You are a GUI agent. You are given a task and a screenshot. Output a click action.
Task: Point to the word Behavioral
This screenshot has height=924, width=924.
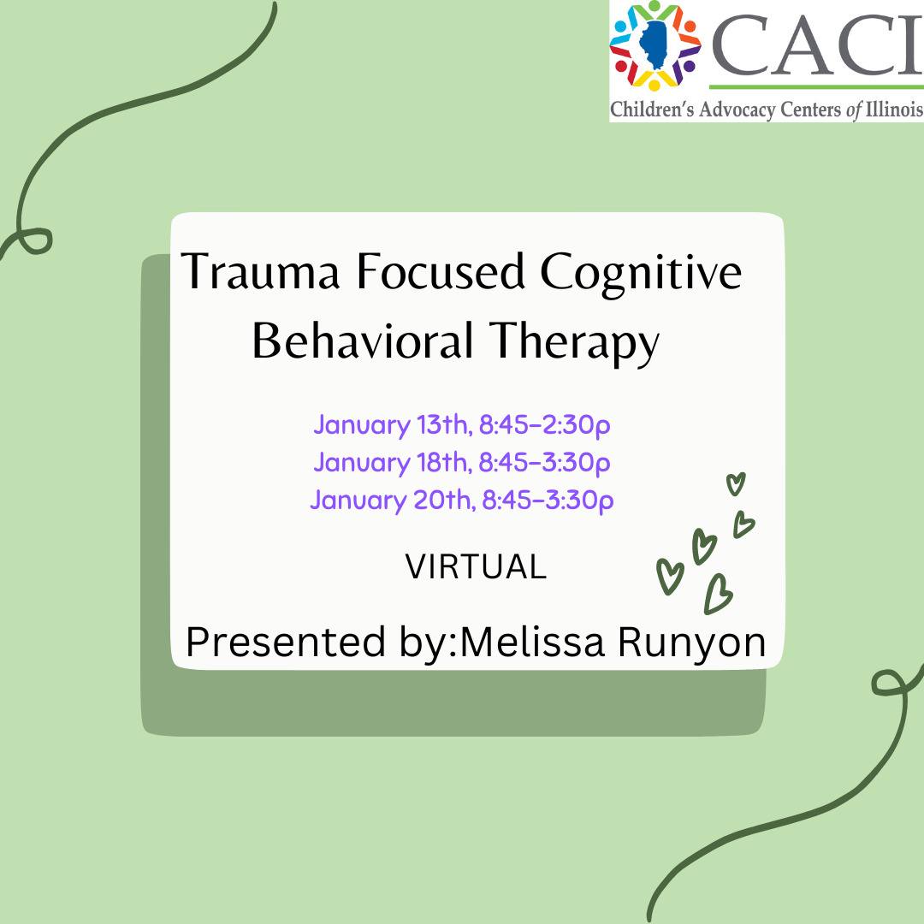pos(363,342)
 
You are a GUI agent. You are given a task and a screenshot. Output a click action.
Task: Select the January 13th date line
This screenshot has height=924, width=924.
pos(462,424)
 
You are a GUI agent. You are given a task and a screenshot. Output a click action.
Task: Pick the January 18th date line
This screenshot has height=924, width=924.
pos(462,462)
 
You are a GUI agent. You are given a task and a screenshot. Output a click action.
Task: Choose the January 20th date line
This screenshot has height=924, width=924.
pos(462,500)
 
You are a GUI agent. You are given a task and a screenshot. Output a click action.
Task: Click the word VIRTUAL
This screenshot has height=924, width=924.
pos(476,567)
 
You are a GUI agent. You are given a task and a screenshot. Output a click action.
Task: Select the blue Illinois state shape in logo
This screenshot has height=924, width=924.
pos(655,46)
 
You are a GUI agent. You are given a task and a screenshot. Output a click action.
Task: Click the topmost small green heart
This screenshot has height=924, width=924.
pos(735,483)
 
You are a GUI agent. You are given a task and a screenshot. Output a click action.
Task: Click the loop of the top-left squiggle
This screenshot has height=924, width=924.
pos(35,240)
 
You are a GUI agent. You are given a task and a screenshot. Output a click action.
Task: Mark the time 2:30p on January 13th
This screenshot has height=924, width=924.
pos(572,424)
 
